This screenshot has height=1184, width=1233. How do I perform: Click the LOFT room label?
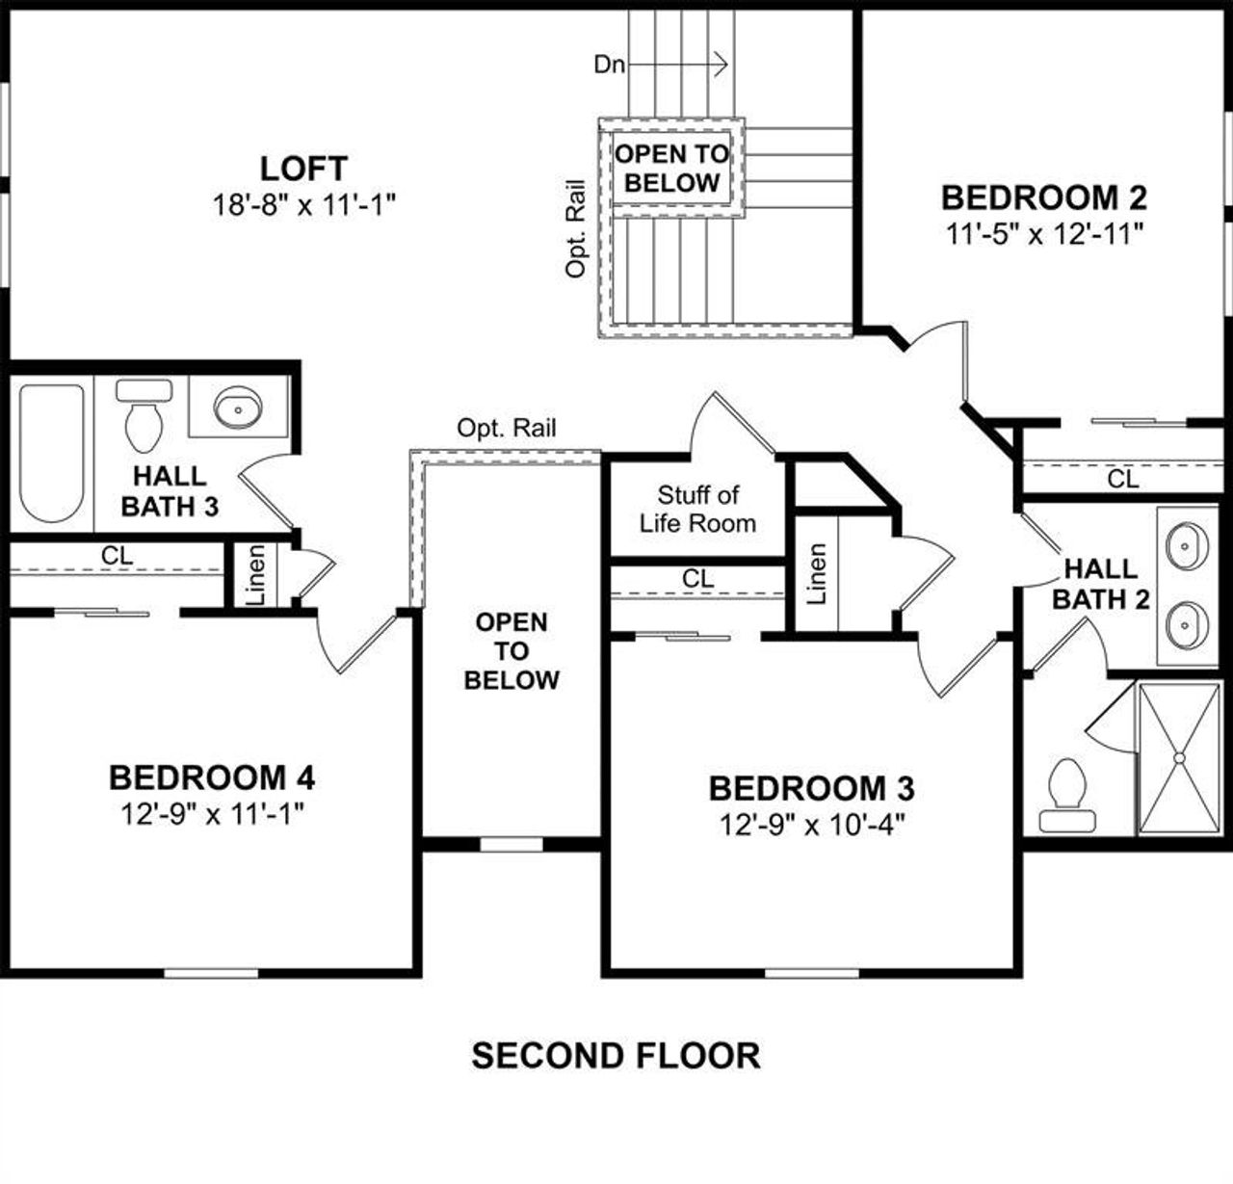[303, 169]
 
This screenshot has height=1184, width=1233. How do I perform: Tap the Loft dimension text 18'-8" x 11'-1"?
[304, 204]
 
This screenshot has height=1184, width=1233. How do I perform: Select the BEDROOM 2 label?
[1043, 197]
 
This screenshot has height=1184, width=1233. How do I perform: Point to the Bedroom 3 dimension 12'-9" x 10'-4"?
[813, 825]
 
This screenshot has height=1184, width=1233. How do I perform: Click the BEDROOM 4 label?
[212, 776]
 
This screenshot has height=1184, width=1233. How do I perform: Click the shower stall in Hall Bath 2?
[1178, 757]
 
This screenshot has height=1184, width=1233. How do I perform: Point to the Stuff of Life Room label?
[697, 509]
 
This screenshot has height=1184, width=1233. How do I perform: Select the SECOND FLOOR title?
[616, 1056]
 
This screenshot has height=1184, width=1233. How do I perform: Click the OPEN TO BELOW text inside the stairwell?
[671, 169]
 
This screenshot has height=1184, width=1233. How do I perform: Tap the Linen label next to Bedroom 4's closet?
[256, 576]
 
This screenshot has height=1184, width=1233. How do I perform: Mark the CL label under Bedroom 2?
[1122, 478]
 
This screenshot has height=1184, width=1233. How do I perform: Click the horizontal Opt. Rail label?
[507, 428]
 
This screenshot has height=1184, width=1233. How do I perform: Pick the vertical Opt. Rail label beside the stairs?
[576, 228]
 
